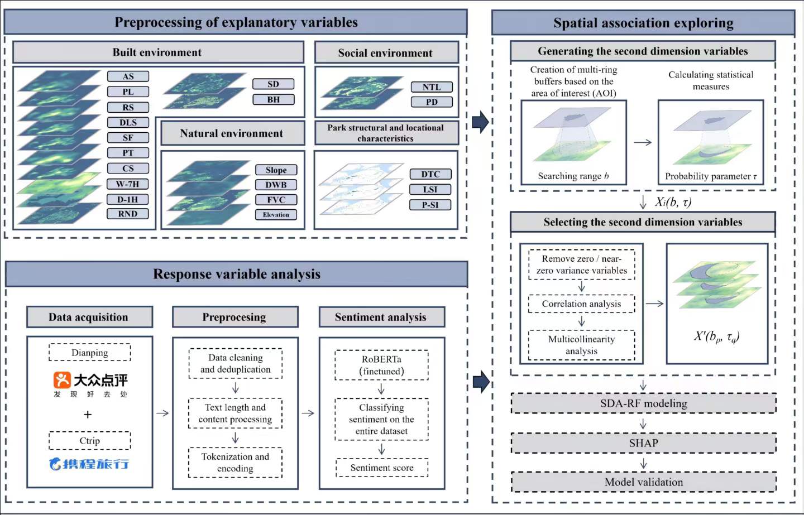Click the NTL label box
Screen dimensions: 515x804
(x=432, y=87)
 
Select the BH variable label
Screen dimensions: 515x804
(x=273, y=100)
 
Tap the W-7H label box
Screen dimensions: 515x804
(x=128, y=184)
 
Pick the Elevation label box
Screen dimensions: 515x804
(x=276, y=215)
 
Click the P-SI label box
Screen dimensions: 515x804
(x=430, y=205)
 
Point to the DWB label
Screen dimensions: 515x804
(x=276, y=185)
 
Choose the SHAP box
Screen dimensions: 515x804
(x=643, y=443)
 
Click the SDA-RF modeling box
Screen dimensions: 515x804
(x=643, y=403)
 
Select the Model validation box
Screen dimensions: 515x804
(x=643, y=482)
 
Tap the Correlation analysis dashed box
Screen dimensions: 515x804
(x=581, y=304)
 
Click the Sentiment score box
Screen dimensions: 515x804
(x=382, y=468)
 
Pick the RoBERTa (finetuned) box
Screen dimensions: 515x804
(x=381, y=365)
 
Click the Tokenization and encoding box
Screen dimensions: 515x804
(x=235, y=463)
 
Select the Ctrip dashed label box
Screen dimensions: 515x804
(x=89, y=441)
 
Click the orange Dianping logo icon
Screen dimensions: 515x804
(x=62, y=380)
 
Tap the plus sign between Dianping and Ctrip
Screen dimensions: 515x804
(x=88, y=415)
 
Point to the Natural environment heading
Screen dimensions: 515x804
(x=232, y=133)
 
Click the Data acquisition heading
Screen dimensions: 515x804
(x=89, y=317)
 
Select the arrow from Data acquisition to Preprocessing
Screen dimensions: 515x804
(x=162, y=413)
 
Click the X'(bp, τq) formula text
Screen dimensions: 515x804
(x=716, y=336)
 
